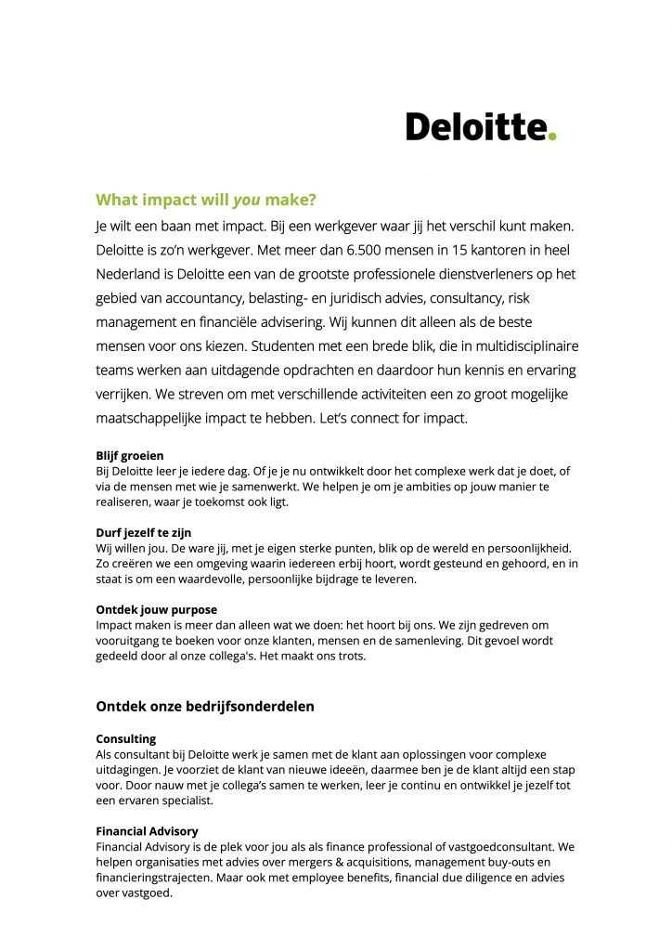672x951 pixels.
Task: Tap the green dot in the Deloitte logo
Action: [552, 137]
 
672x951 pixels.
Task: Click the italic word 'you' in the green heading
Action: [246, 200]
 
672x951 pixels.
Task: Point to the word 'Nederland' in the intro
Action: [130, 274]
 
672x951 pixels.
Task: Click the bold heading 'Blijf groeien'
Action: [130, 456]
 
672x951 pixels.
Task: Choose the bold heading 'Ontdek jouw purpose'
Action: [156, 610]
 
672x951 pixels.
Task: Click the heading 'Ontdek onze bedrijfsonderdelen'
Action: [205, 706]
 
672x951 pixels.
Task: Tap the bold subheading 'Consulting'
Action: [126, 739]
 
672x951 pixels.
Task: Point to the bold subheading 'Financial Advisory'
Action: [148, 831]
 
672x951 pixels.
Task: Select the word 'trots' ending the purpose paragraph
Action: [352, 656]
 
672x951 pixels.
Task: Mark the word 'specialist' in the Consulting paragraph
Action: [185, 801]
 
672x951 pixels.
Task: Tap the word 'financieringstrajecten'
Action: [157, 878]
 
